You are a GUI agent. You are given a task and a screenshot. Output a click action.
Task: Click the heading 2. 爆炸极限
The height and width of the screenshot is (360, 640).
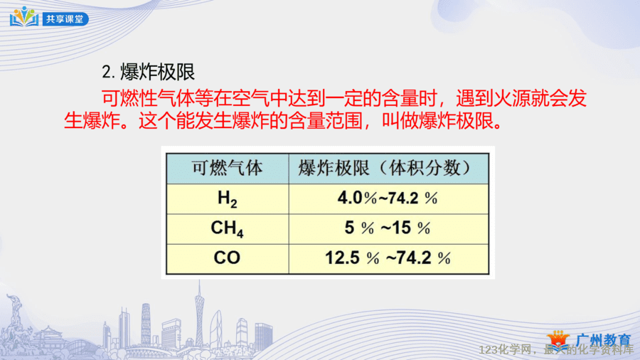tap(148, 73)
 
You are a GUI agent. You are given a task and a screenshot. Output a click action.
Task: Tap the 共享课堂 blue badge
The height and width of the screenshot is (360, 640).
tap(65, 18)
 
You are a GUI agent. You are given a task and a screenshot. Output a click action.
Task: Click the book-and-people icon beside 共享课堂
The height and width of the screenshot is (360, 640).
tap(24, 17)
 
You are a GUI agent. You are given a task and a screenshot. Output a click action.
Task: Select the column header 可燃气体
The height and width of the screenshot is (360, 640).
tap(228, 168)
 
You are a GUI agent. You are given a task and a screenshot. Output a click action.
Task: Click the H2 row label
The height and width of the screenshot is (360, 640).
tap(228, 198)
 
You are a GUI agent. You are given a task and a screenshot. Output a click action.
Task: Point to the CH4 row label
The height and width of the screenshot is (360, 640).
tap(228, 228)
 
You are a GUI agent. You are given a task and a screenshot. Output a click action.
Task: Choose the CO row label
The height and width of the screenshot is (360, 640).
tap(228, 258)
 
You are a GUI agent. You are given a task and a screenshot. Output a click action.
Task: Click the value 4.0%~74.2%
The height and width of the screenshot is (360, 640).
tap(388, 198)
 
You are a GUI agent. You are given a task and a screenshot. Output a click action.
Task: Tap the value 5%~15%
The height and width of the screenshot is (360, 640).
tap(388, 228)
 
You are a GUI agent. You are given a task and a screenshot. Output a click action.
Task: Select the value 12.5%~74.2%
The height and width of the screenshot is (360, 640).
tap(388, 258)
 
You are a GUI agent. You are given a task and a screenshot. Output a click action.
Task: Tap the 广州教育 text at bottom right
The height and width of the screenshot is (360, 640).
tap(604, 339)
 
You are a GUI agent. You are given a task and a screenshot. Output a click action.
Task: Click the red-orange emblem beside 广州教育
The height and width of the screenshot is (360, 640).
tap(558, 339)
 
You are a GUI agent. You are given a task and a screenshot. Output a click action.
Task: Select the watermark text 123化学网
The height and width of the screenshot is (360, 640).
tap(505, 350)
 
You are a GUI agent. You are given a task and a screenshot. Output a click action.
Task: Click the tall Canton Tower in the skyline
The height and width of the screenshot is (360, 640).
tap(199, 314)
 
